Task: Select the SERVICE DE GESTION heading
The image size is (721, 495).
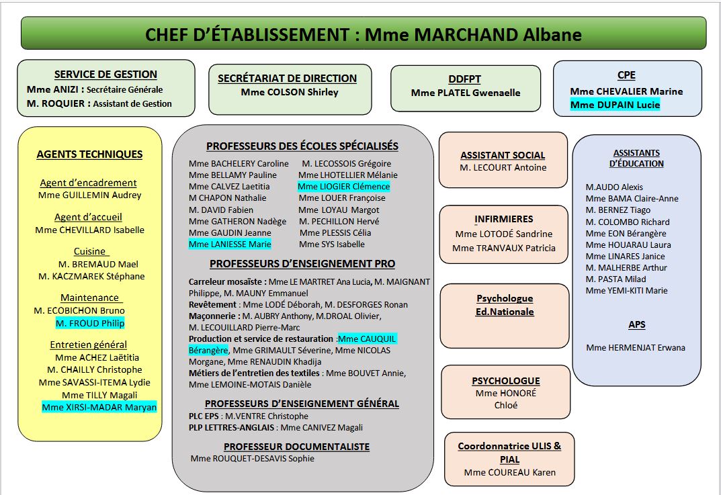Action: coord(105,75)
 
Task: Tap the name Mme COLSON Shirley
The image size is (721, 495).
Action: coord(290,92)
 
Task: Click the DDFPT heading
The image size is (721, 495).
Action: coord(465,79)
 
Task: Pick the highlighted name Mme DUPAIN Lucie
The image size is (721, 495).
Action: coord(615,105)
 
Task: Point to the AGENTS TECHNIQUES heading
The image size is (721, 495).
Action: coord(89,154)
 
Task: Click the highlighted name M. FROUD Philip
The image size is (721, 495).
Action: coord(90,323)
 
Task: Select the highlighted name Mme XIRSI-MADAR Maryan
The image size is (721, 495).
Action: coord(99,407)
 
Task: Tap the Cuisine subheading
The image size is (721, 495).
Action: coord(89,251)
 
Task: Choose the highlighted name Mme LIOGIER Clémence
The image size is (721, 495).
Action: coord(343,186)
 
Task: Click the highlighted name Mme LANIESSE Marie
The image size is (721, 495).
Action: coord(230,244)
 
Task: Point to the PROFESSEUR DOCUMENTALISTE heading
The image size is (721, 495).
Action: coord(296,447)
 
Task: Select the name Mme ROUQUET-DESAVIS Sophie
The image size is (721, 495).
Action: coord(252,459)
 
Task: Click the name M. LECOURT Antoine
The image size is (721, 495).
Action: coord(503,167)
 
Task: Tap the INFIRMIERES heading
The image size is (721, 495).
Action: coord(503,219)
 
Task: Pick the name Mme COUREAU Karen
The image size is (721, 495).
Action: coord(509,472)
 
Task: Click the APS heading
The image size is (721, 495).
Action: coord(636,324)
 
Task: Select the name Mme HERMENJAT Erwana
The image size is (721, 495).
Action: coord(635,347)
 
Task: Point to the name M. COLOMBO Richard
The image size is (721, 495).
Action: coord(628,222)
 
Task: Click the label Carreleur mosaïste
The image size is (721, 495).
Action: coord(226,282)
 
